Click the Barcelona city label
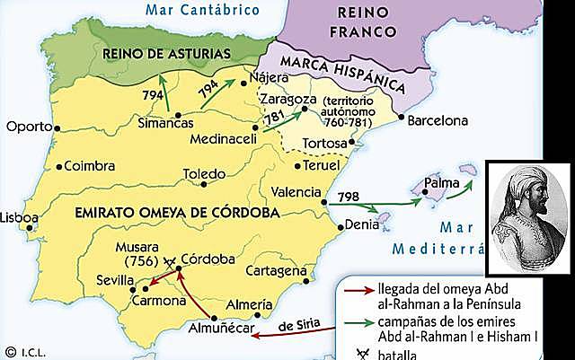[439, 120]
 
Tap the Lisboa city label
[19, 217]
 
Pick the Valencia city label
[295, 192]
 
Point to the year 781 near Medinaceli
[275, 119]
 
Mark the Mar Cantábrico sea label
[196, 10]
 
